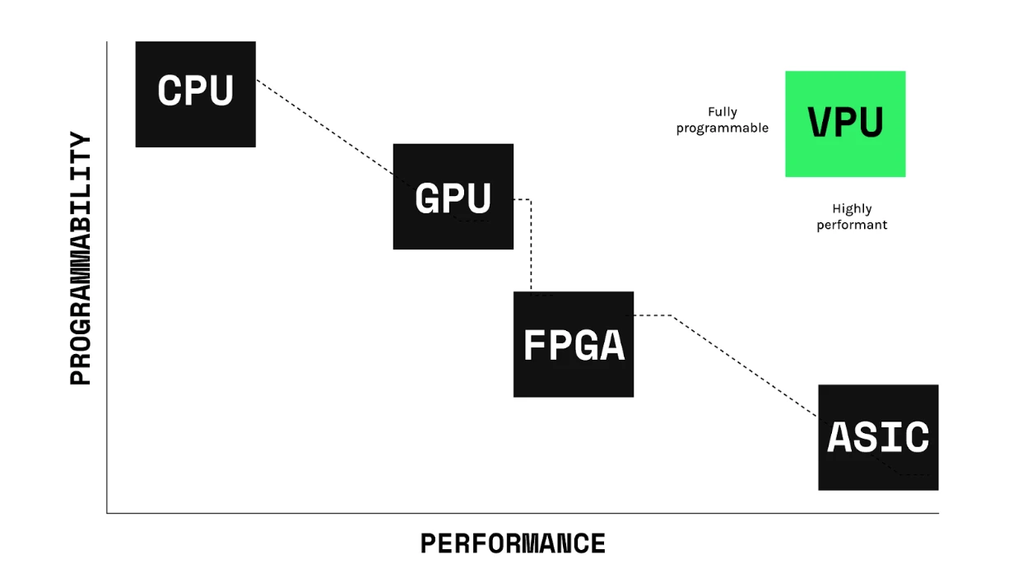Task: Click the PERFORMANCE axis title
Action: coord(513,543)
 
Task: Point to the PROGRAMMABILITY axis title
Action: coord(81,259)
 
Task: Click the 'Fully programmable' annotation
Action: coord(722,119)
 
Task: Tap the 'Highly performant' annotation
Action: coord(852,217)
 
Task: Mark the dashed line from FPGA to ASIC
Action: coord(741,362)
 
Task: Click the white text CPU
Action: coord(195,90)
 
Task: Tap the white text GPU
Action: coord(453,198)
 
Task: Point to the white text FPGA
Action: coord(574,345)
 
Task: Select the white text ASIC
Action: coord(878,437)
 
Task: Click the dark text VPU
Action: coord(845,123)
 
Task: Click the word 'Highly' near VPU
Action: coord(852,209)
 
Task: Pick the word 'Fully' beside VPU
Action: coord(722,112)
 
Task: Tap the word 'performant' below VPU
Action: coord(852,225)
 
